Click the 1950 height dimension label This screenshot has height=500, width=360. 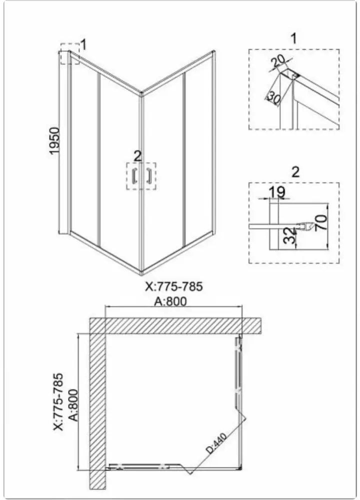coord(54,140)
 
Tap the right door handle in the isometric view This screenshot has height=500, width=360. coord(148,175)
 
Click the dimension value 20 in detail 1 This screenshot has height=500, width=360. coord(278,61)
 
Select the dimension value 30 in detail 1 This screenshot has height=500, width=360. coord(273,97)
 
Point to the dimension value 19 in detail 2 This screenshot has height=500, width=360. coord(277,192)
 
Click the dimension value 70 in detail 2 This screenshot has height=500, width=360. coord(321,222)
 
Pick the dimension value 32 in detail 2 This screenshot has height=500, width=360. coord(290,235)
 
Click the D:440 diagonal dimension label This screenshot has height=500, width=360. coord(216,443)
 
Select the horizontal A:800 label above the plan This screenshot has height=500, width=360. coord(170,301)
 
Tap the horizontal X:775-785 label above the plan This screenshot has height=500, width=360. coord(174,286)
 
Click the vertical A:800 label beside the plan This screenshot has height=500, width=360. coord(73,405)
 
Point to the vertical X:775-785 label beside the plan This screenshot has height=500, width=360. coord(58,402)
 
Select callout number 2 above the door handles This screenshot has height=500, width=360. coord(137,156)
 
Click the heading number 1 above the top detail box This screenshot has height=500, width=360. coord(293,38)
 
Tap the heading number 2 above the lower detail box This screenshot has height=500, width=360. coord(295,172)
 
